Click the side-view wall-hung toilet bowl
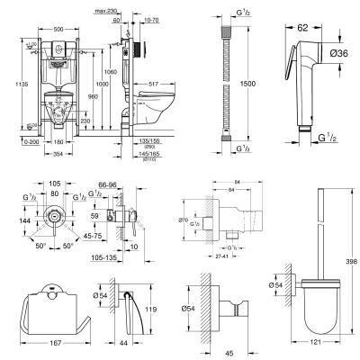157,112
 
